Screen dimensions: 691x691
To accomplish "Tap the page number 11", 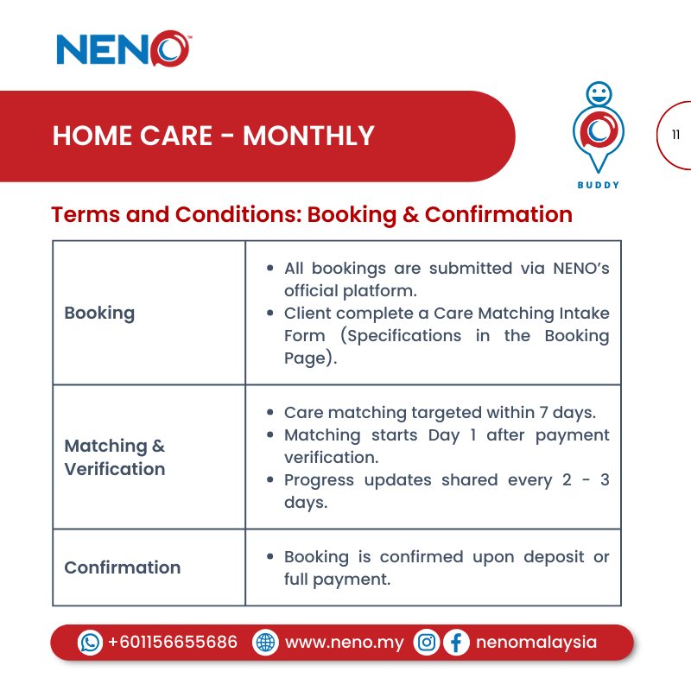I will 675,135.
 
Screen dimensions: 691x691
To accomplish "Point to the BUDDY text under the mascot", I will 598,185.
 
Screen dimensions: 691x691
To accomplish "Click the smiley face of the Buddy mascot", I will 598,93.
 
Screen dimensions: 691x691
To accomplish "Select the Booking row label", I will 99,313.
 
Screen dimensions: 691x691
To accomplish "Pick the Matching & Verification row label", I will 114,457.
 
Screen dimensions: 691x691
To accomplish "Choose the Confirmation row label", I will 122,567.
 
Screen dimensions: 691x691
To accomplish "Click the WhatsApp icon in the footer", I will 90,643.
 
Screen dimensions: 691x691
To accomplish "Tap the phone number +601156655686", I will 172,643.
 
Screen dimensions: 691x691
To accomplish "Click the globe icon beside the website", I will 265,643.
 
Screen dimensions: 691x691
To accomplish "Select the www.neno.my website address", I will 344,643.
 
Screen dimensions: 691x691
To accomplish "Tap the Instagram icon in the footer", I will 426,643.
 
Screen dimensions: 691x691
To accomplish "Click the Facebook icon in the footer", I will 456,643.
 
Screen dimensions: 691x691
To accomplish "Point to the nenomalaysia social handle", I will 536,643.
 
